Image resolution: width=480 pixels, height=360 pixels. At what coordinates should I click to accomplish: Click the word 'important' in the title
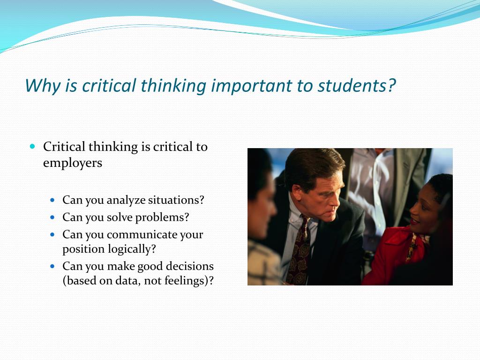tap(251, 86)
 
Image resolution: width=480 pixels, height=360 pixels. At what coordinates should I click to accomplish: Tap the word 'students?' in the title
tap(357, 85)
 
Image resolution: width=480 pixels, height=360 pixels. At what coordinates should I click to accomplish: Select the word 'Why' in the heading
tap(43, 86)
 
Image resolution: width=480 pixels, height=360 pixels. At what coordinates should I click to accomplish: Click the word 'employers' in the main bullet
tap(73, 163)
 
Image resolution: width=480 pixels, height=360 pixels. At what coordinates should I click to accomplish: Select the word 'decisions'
tap(189, 266)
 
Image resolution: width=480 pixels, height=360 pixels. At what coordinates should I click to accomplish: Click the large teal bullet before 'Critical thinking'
tap(33, 146)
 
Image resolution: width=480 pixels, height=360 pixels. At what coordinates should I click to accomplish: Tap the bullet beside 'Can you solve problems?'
tap(52, 217)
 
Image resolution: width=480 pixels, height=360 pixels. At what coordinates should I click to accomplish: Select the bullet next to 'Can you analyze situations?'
tap(52, 200)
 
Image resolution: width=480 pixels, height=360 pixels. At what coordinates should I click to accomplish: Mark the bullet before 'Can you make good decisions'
tap(52, 266)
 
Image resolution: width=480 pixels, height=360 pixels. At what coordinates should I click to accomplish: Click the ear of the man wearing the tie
tap(296, 191)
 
